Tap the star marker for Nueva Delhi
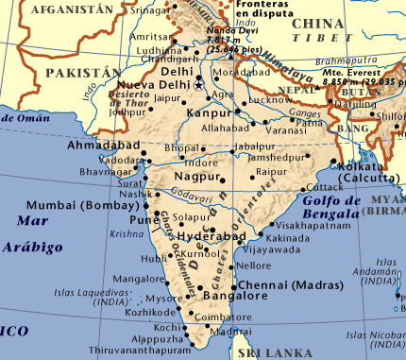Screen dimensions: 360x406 click(x=199, y=85)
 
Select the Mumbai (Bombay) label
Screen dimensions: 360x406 click(x=93, y=204)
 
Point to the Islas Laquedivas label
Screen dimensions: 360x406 click(x=86, y=292)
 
